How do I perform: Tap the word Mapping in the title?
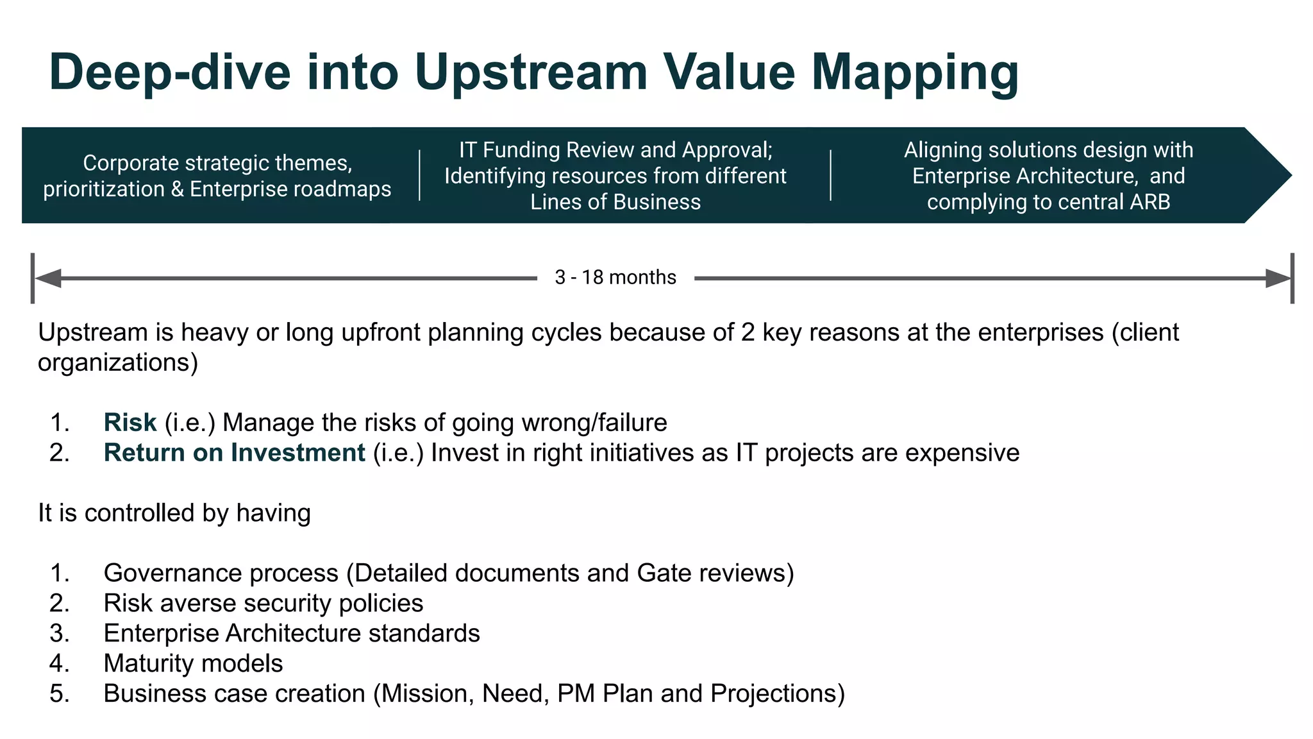[x=915, y=72]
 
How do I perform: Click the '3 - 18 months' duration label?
[x=615, y=277]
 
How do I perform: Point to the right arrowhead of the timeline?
[x=1278, y=278]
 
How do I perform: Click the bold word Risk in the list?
[x=130, y=422]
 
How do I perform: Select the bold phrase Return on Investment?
[x=234, y=452]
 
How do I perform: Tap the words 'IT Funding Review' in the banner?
[x=546, y=149]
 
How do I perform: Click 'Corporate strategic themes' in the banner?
[x=217, y=163]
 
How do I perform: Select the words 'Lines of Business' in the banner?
[x=615, y=202]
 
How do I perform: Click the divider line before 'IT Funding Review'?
[x=420, y=175]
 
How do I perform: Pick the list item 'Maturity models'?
[x=193, y=663]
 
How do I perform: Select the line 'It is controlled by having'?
[x=174, y=513]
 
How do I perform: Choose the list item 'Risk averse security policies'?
[x=263, y=603]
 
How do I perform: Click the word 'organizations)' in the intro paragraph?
[x=118, y=362]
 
